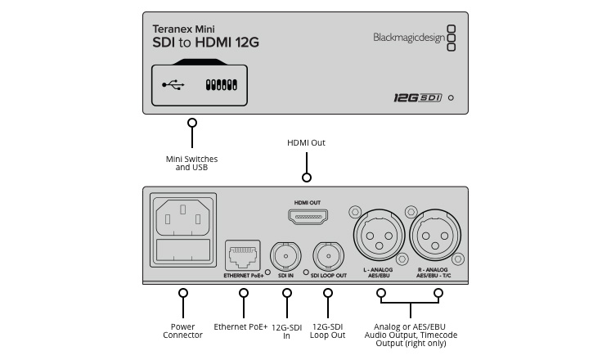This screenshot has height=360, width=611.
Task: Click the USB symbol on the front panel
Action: point(173,84)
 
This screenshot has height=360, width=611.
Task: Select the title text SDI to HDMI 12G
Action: point(205,43)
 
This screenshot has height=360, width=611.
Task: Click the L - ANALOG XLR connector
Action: point(380,236)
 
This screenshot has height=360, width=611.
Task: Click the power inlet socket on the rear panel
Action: point(183,218)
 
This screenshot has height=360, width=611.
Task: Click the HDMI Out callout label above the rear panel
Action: point(307,143)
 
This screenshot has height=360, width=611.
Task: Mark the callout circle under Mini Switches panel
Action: point(192,123)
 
